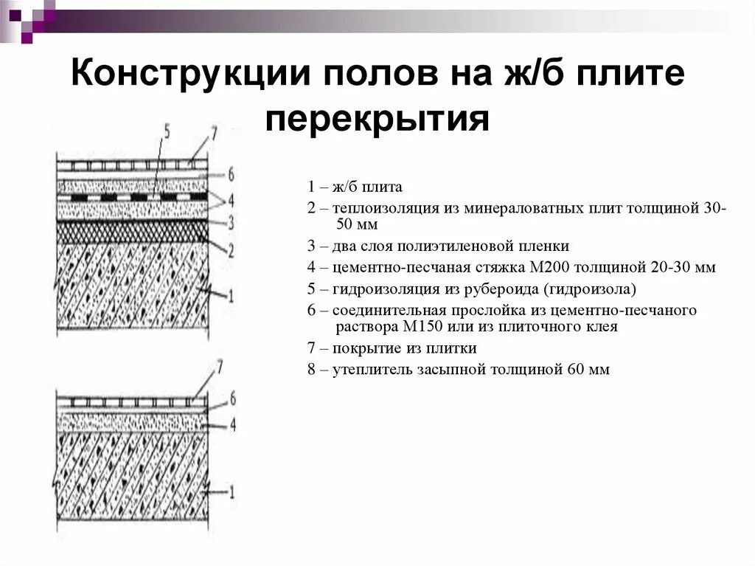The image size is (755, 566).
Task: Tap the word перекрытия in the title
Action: (377, 120)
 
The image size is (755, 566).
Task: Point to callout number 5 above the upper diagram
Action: (166, 133)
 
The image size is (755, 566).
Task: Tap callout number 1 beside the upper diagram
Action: (231, 297)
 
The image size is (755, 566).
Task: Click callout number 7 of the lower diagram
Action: (218, 367)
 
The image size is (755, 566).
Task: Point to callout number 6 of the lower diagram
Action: (232, 398)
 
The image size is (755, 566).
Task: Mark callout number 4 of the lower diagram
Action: (232, 425)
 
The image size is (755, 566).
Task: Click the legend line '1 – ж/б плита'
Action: (355, 187)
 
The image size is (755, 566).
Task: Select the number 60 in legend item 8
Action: (576, 370)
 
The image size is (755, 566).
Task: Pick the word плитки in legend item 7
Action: (456, 348)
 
